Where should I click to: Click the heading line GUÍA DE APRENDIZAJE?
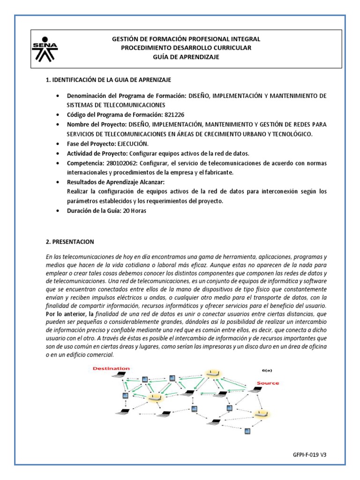tap(186, 57)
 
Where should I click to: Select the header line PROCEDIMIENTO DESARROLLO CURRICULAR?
tap(186, 48)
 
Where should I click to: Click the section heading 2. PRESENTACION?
tap(70, 242)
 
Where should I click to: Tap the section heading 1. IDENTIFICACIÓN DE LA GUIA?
tap(111, 80)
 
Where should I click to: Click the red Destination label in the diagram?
tap(111, 368)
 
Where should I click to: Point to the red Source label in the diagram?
tap(268, 383)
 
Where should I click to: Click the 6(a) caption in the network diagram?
tap(267, 370)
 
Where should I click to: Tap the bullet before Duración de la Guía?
tap(57, 211)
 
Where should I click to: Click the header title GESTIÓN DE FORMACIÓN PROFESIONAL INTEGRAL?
tap(186, 39)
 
